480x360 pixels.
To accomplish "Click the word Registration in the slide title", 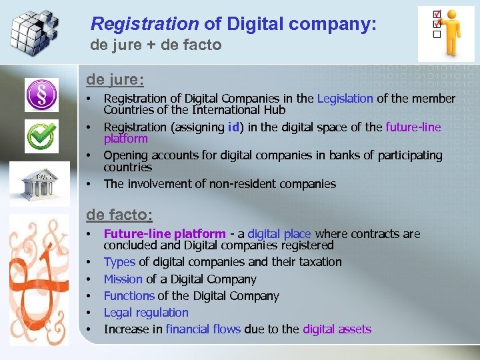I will point(145,25).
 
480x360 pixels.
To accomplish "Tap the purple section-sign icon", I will point(41,95).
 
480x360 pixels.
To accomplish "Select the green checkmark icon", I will point(41,137).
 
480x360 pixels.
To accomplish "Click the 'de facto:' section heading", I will point(119,215).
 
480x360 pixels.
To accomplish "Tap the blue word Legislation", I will point(345,99).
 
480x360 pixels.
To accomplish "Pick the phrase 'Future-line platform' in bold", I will point(165,234).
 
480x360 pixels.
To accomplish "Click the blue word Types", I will point(119,262).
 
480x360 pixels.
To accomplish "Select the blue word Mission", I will point(123,279).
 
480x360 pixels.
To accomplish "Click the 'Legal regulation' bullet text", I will point(146,313).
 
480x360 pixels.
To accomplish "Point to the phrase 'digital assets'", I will point(337,329).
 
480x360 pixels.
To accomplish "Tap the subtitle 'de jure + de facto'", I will point(156,45).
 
